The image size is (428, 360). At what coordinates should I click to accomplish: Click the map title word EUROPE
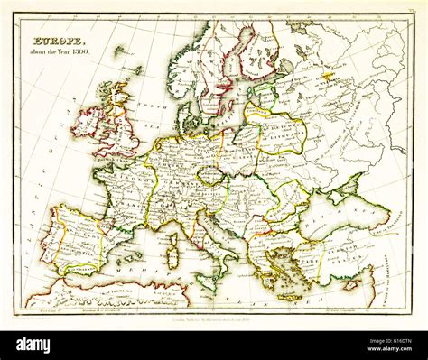60,42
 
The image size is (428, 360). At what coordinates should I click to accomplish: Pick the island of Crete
293,296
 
